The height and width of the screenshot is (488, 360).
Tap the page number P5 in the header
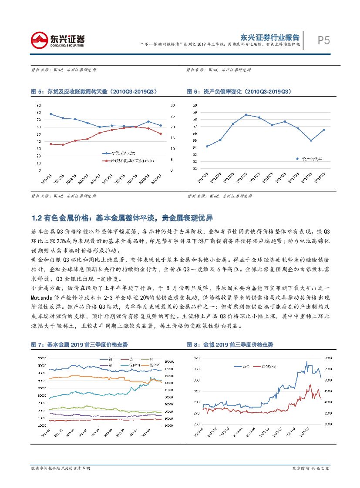pyautogui.click(x=323, y=40)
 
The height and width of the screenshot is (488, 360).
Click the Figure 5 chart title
pyautogui.click(x=94, y=92)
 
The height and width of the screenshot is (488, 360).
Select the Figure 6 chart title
pyautogui.click(x=239, y=92)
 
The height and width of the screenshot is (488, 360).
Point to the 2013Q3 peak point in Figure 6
pyautogui.click(x=246, y=115)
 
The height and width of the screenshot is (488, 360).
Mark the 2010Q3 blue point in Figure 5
pyautogui.click(x=51, y=114)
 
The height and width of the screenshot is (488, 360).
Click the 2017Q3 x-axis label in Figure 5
pyautogui.click(x=136, y=179)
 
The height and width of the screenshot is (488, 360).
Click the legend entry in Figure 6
pyautogui.click(x=310, y=159)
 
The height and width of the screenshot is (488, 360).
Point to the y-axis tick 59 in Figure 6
pyautogui.click(x=194, y=112)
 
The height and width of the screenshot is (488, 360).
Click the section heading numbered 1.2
pyautogui.click(x=122, y=217)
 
